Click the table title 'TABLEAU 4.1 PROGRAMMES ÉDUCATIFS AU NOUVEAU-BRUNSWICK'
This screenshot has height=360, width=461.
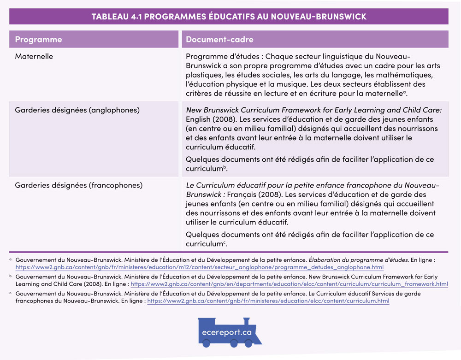point(229,17)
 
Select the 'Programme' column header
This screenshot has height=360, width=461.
point(38,40)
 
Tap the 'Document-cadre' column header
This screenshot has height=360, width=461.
point(219,40)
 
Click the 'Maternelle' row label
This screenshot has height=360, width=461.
point(34,57)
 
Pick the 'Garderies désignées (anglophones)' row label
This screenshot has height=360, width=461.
point(77,110)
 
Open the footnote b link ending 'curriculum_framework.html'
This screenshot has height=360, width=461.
point(289,284)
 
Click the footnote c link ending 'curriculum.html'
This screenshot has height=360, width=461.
point(268,301)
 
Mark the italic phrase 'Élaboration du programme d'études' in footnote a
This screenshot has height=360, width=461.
point(358,260)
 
